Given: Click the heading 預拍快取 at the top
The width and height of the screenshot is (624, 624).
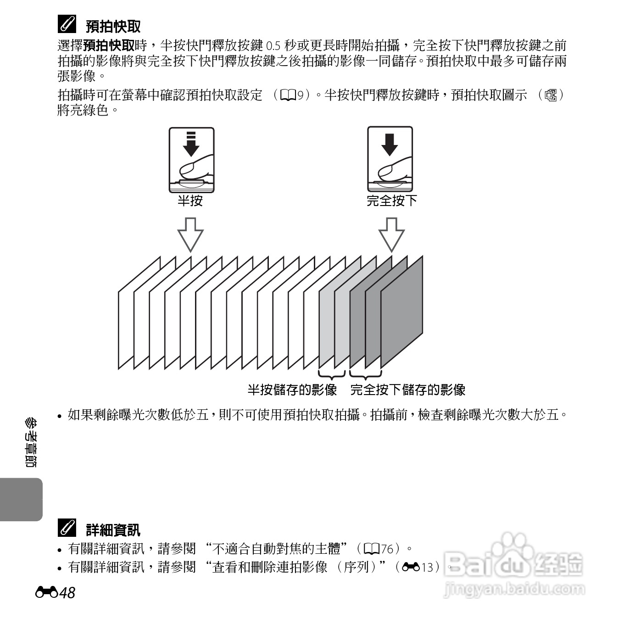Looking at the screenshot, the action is pos(113,27).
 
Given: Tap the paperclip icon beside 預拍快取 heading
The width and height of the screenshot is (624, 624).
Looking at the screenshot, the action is pos(67,25).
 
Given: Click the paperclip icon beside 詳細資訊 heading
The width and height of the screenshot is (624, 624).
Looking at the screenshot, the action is pos(67,529).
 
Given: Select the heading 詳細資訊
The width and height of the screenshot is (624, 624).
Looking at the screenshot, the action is pos(113,530).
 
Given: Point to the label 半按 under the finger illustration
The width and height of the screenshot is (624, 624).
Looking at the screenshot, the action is pos(190,201).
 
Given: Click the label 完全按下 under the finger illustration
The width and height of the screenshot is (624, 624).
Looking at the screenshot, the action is pos(391,201).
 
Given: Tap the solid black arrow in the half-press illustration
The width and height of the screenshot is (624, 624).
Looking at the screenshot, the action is pos(191,146).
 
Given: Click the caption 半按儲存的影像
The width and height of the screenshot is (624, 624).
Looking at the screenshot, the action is pos(292,390).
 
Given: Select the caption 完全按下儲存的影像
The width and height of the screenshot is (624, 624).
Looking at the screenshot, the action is pos(408,390).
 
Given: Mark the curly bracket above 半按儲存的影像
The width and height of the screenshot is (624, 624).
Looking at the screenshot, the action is pos(331,374).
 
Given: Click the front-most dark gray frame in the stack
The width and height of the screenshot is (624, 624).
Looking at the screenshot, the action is pos(402,312).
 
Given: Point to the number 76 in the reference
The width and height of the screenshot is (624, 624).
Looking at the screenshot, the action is pos(387,549).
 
